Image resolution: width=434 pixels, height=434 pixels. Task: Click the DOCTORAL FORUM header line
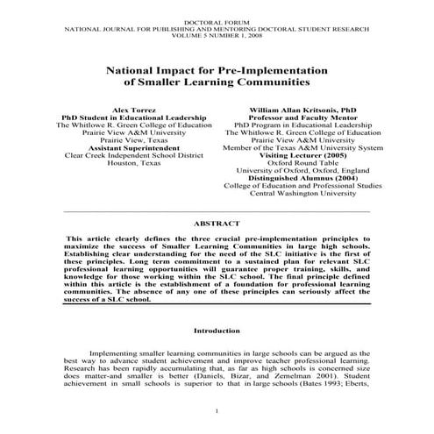217,19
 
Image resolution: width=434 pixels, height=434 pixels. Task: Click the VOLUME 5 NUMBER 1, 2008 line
217,35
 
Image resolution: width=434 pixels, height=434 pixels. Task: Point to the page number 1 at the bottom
217,411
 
